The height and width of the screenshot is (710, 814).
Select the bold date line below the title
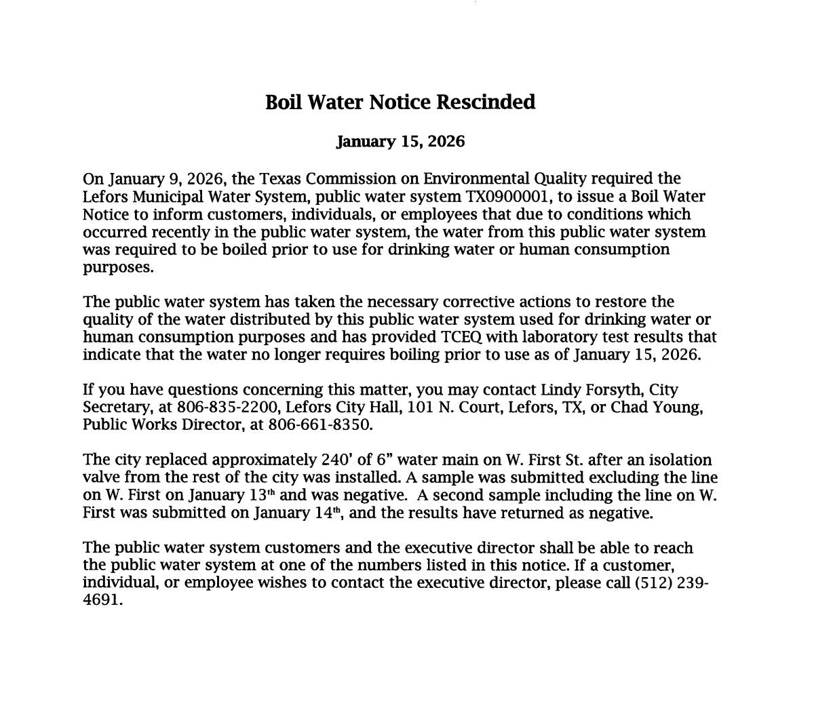click(x=400, y=142)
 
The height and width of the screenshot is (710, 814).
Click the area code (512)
click(x=654, y=584)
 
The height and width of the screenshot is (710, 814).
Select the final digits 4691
click(x=101, y=601)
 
